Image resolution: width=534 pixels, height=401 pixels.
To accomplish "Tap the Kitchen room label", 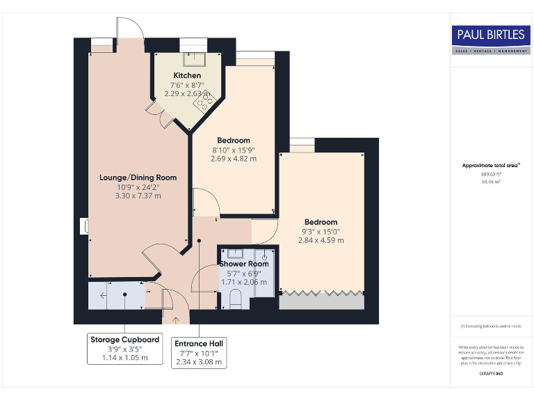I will (187, 75).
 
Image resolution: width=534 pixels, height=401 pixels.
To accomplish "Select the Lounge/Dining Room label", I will (138, 178).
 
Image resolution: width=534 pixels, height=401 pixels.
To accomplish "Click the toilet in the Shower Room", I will (234, 299).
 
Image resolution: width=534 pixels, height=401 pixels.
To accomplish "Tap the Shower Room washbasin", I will (234, 254).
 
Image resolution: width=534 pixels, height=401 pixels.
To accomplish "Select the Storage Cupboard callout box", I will (124, 349).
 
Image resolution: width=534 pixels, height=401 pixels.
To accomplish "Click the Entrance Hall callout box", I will (199, 353).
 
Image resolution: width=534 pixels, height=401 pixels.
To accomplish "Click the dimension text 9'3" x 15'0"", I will (321, 232).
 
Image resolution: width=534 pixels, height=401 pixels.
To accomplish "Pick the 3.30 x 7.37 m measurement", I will (138, 196).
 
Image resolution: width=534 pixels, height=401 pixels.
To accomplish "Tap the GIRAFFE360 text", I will (491, 375).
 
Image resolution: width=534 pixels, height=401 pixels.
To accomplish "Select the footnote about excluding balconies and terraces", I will (491, 326).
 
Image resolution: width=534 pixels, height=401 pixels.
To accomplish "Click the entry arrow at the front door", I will (175, 320).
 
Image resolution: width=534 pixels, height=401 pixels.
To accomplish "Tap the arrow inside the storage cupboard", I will (104, 296).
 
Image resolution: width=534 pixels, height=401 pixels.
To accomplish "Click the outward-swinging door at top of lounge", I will (129, 28).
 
